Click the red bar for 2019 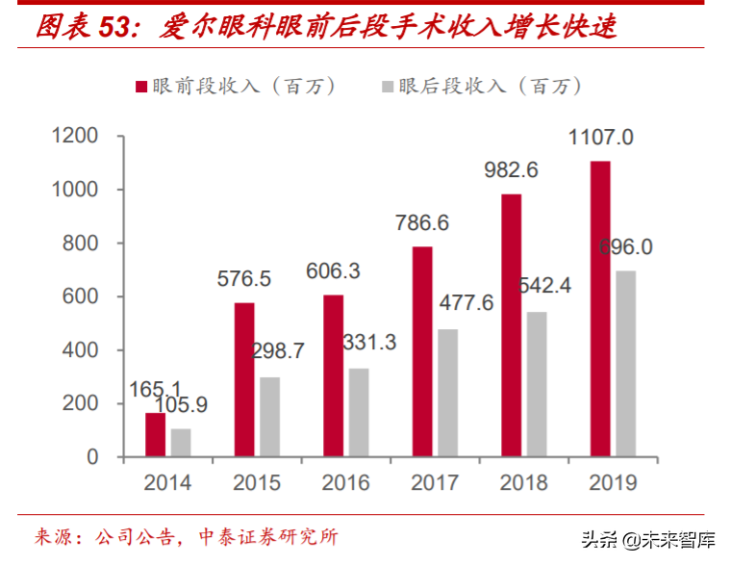pos(600,309)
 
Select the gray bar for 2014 pos(181,443)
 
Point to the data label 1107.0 pos(600,138)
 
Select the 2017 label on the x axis pos(435,482)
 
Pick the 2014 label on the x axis pos(167,482)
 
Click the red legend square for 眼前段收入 pos(141,87)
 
